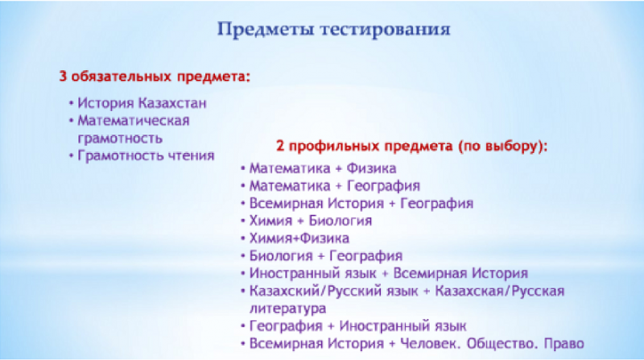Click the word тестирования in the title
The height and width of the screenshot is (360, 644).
(386, 30)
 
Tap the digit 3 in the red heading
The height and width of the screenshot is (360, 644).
(63, 77)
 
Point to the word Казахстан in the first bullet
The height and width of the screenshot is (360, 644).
(172, 103)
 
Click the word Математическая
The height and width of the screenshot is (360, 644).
(134, 121)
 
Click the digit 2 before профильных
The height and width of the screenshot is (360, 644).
(280, 146)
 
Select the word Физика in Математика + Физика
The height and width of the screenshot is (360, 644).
(371, 168)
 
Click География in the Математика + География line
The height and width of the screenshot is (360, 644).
(384, 186)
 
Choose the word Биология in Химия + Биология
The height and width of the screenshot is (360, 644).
(341, 221)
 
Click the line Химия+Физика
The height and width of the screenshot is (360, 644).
(299, 238)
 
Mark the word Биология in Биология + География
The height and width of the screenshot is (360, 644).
(281, 256)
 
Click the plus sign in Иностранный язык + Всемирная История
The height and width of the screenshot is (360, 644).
(385, 274)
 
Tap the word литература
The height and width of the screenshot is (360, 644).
(288, 308)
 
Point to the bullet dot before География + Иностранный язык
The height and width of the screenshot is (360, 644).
(243, 326)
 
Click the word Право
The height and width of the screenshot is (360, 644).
(564, 344)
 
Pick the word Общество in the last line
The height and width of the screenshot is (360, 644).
(502, 344)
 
